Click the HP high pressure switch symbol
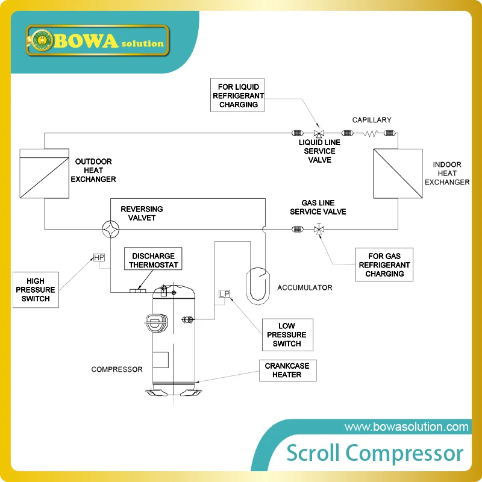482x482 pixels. point(99,258)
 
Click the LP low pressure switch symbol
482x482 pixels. point(224,294)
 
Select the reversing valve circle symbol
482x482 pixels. point(110,229)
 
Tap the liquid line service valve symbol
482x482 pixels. point(319,133)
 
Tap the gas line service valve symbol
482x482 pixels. point(318,229)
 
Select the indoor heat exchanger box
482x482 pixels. point(397,173)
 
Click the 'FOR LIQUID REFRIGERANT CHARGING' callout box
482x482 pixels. point(238,96)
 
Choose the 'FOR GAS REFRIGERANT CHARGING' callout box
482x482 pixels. point(384,265)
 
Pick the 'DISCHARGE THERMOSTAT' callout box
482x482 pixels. point(153,261)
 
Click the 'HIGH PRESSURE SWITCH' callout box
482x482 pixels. point(36,290)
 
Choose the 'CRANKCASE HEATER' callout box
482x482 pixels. point(286,371)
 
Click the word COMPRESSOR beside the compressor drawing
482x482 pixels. point(117,369)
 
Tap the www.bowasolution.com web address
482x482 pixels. point(406,427)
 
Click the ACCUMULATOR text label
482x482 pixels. point(304,288)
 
